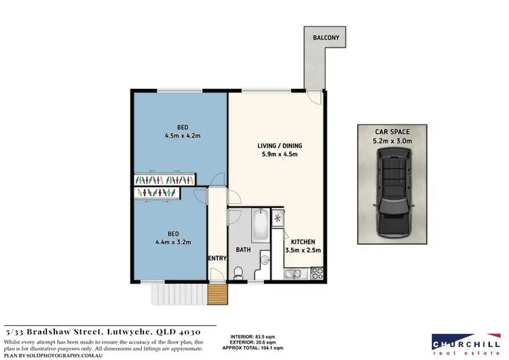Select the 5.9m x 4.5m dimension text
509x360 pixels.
[280, 156]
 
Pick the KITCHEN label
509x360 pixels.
[303, 242]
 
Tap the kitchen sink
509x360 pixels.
[294, 274]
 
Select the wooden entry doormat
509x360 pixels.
[216, 295]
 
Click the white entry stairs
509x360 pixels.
[176, 294]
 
